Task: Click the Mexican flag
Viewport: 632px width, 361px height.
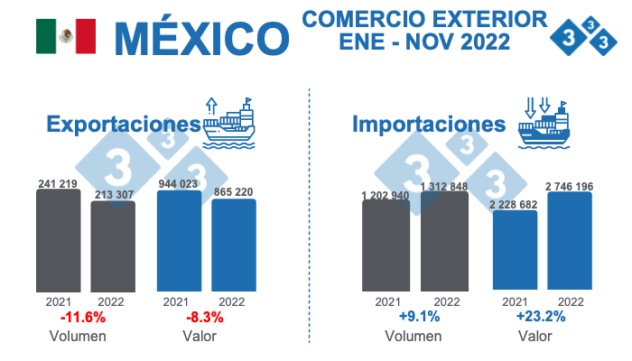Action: click(x=66, y=36)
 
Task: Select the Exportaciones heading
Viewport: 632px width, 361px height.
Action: click(x=123, y=124)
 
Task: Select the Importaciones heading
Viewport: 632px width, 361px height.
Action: click(x=428, y=124)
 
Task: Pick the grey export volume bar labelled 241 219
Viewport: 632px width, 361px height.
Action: click(x=59, y=241)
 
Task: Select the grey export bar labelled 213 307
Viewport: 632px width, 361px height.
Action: click(x=113, y=246)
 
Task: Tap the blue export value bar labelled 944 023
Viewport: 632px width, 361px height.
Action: click(x=179, y=241)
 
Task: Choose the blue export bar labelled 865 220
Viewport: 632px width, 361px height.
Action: click(x=234, y=245)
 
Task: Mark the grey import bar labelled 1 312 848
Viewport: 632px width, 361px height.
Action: click(x=445, y=241)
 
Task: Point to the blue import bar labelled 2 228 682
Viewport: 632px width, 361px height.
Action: click(x=515, y=251)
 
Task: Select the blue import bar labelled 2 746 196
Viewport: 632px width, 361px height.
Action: click(x=571, y=241)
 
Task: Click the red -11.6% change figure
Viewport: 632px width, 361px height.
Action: click(x=82, y=318)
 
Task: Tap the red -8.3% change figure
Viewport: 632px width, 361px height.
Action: click(x=204, y=318)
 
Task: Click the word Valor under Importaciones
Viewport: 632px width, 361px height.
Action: click(x=535, y=338)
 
